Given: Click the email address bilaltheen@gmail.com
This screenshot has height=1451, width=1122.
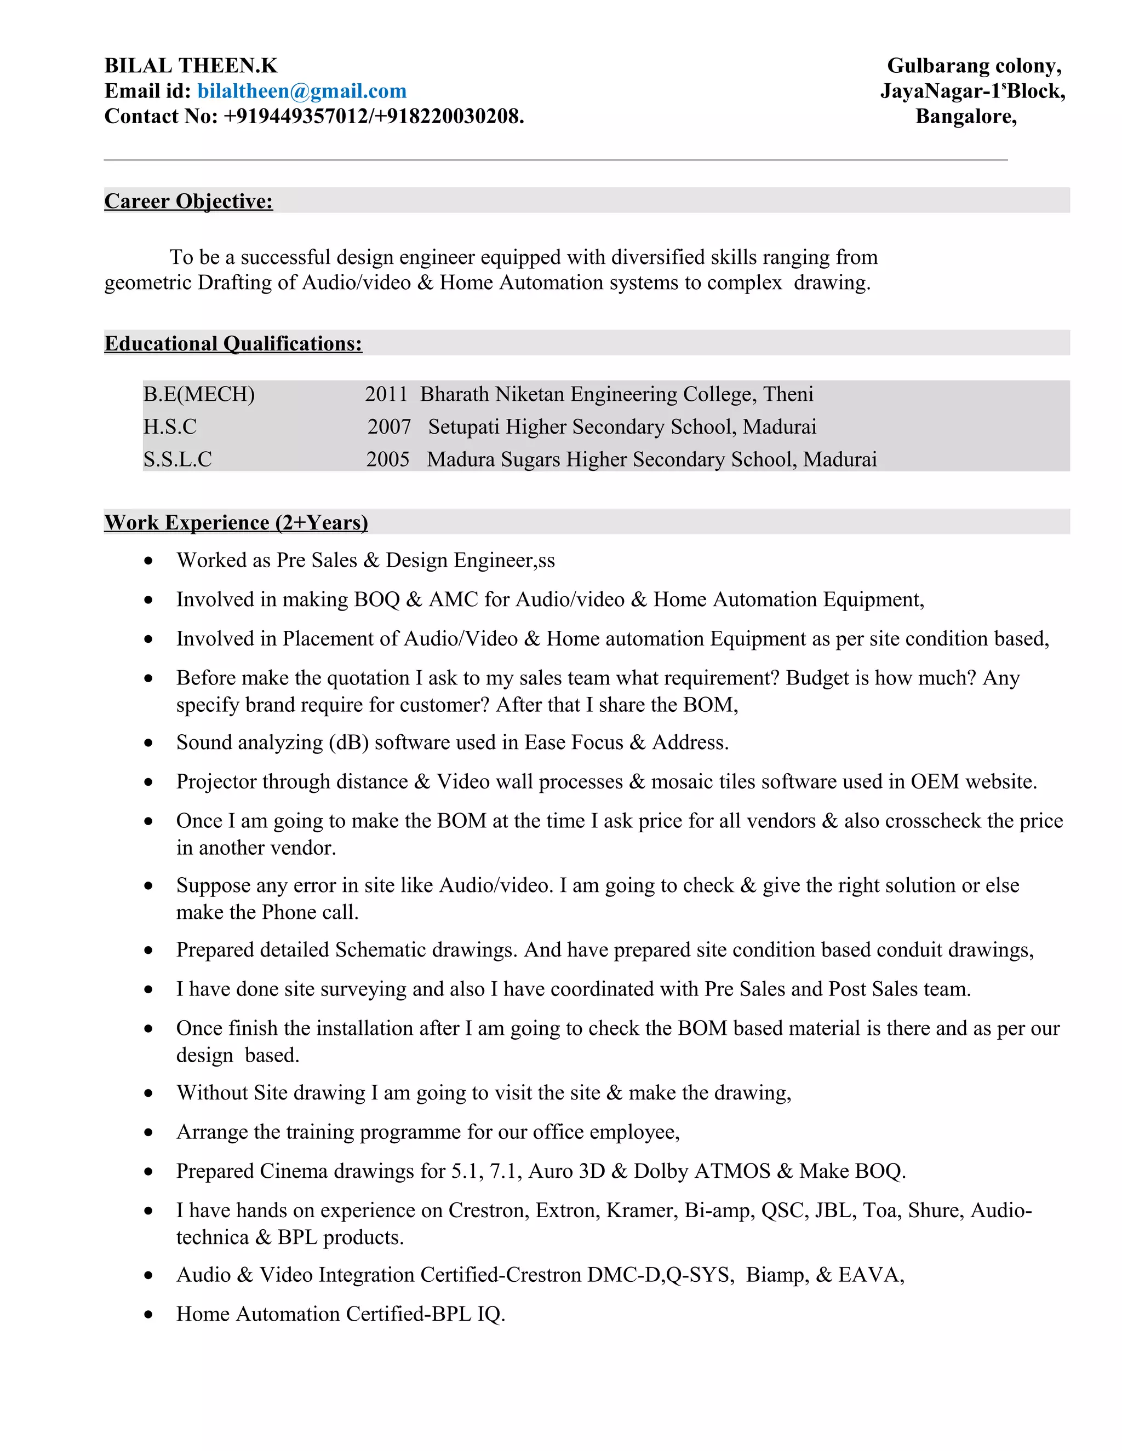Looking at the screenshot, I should (x=302, y=91).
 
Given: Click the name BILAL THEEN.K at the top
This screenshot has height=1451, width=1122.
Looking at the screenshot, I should (x=191, y=66).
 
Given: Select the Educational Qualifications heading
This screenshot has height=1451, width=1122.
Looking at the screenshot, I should (x=233, y=343).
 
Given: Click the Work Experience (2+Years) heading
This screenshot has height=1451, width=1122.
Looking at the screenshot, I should (x=236, y=522).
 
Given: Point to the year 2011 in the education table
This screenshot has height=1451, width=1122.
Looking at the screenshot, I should (x=386, y=394).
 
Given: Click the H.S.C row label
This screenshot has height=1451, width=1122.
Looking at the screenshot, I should (x=170, y=427).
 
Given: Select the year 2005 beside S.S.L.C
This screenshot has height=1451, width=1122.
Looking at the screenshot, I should (x=387, y=459).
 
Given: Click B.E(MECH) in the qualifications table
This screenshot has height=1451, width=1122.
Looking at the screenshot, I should (x=199, y=394).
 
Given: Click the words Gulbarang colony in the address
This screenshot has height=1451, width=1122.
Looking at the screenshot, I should (x=973, y=66).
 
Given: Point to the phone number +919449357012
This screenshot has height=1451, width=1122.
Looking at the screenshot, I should (x=296, y=116).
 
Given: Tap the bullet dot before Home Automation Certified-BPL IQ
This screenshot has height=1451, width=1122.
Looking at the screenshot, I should (x=148, y=1315).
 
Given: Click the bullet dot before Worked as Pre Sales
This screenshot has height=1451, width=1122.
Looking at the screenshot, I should (x=148, y=561).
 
